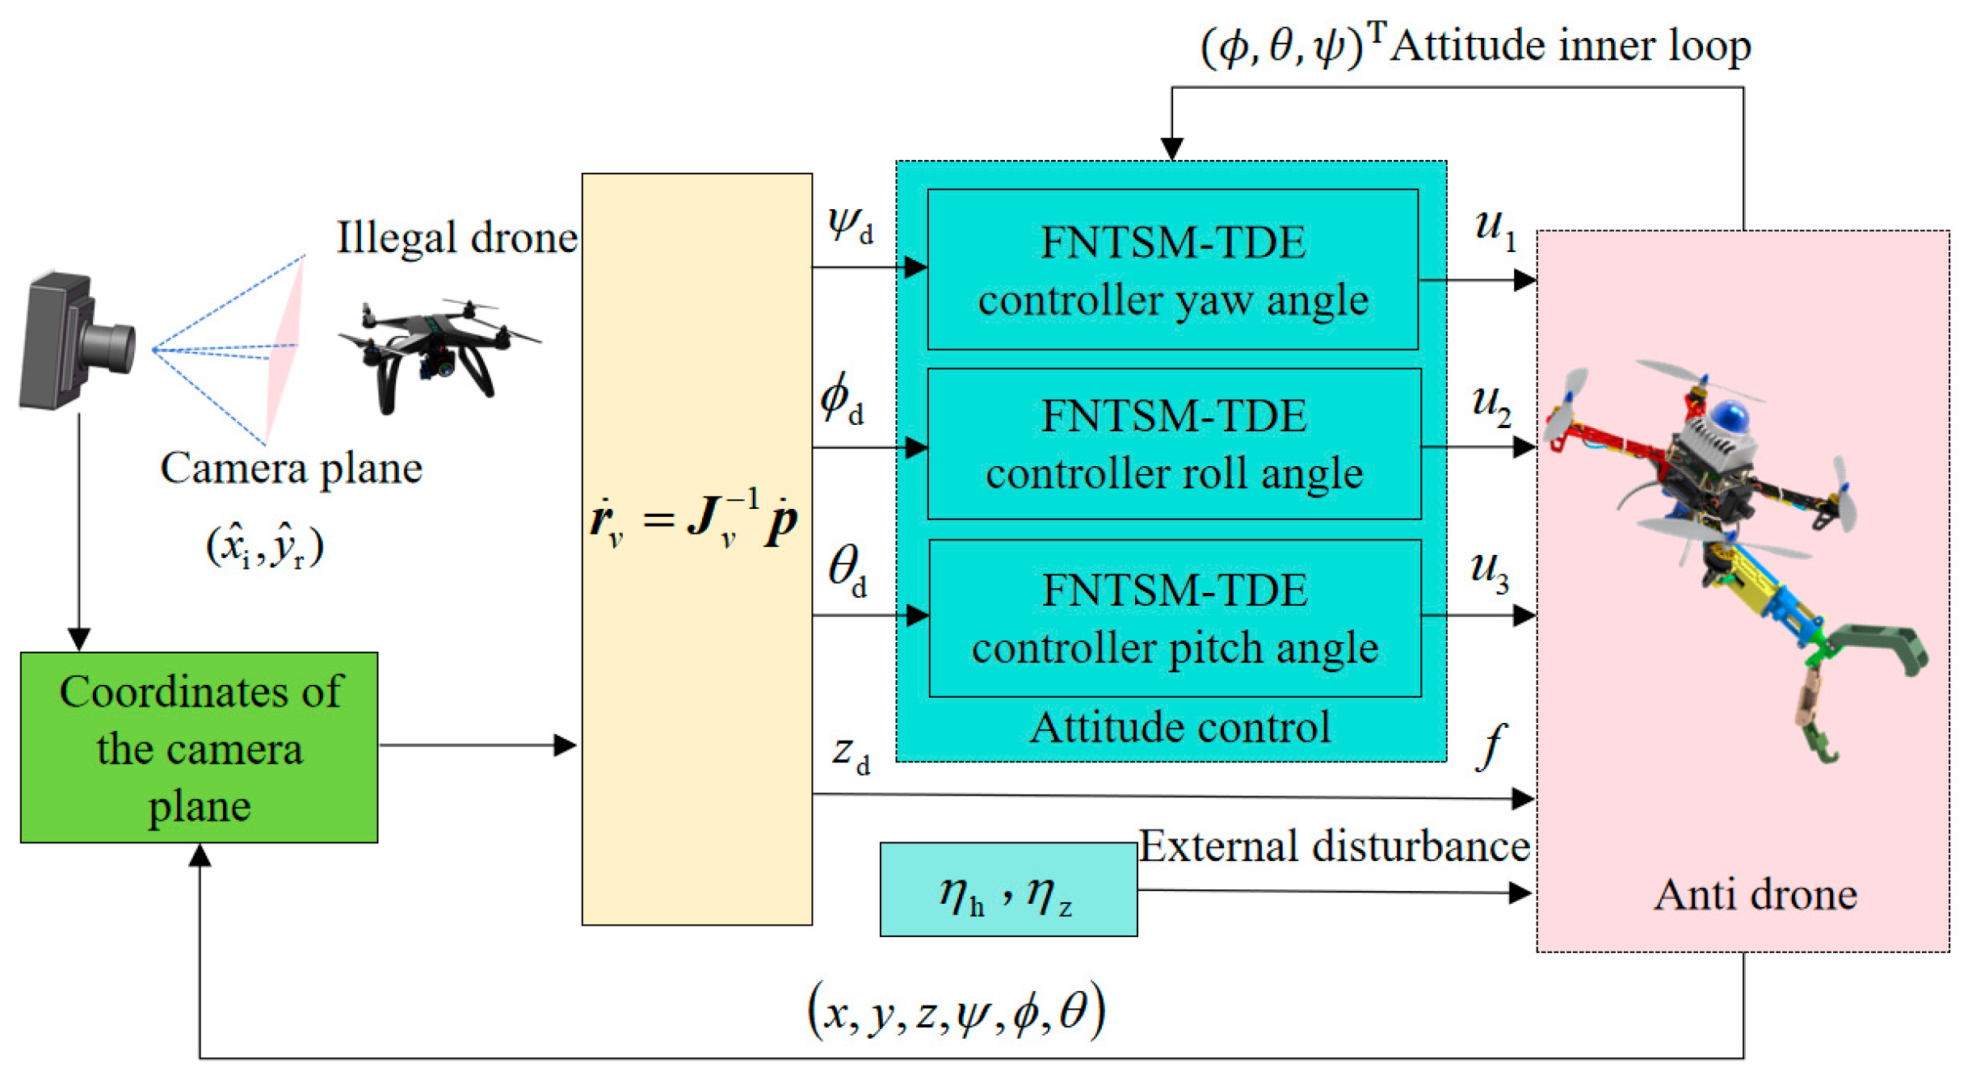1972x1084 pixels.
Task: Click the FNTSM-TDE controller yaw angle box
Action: [x=1172, y=270]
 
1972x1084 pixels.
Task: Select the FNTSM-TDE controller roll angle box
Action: [x=1174, y=443]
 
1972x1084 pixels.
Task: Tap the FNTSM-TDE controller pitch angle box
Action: [x=1175, y=618]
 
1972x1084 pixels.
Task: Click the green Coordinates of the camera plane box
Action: [x=199, y=747]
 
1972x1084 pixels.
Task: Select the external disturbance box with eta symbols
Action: [x=1008, y=889]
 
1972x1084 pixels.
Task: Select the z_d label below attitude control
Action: [x=850, y=752]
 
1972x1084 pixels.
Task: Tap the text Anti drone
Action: [x=1755, y=894]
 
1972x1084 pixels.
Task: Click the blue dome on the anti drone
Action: [x=1729, y=416]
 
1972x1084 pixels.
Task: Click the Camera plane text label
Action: [x=291, y=468]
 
